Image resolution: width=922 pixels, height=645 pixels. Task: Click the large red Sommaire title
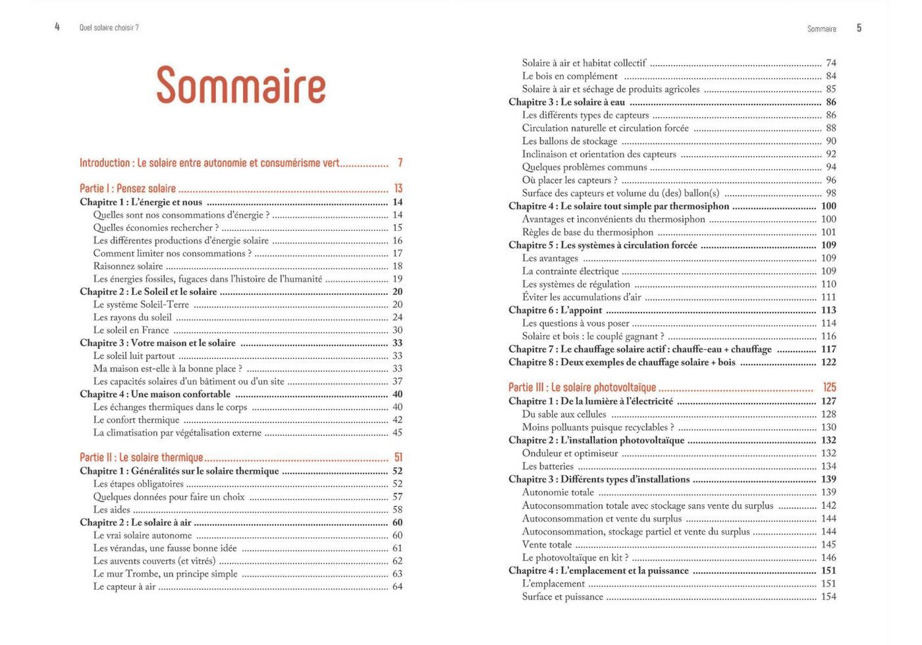[x=241, y=86]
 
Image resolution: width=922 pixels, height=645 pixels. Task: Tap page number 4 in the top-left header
[x=57, y=27]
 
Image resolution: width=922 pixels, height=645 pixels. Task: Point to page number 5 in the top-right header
[x=859, y=28]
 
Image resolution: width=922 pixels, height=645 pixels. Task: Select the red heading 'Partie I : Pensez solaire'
[x=128, y=188]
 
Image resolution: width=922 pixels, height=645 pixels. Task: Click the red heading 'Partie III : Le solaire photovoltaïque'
[x=582, y=388]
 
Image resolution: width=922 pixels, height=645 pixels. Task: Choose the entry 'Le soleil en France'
[x=131, y=330]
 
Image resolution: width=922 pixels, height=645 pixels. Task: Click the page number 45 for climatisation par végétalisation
[x=397, y=433]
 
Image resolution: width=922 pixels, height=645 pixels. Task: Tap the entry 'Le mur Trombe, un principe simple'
[x=165, y=574]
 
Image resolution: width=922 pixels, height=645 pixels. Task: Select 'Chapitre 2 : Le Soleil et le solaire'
[x=148, y=292]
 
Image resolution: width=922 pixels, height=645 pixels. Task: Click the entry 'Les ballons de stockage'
[x=570, y=141]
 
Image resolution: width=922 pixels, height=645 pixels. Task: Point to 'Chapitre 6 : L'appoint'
[x=555, y=310]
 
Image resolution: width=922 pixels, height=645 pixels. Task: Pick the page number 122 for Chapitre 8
[x=828, y=362]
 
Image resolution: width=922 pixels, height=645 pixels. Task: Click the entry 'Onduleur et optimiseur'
[x=570, y=453]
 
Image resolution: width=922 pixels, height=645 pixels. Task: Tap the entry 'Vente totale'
[x=547, y=545]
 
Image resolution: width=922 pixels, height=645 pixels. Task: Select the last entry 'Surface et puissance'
[x=562, y=597]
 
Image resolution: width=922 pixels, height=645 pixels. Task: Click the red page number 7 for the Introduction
[x=400, y=163]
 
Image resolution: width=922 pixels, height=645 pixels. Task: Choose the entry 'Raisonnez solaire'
[x=128, y=266]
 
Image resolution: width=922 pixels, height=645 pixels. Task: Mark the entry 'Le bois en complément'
[x=570, y=76]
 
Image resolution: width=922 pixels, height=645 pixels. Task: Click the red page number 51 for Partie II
[x=398, y=457]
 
